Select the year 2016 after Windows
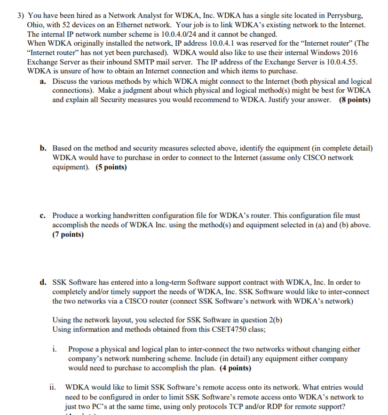349,53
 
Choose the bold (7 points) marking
68,234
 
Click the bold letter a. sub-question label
43,81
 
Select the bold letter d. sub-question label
43,282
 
